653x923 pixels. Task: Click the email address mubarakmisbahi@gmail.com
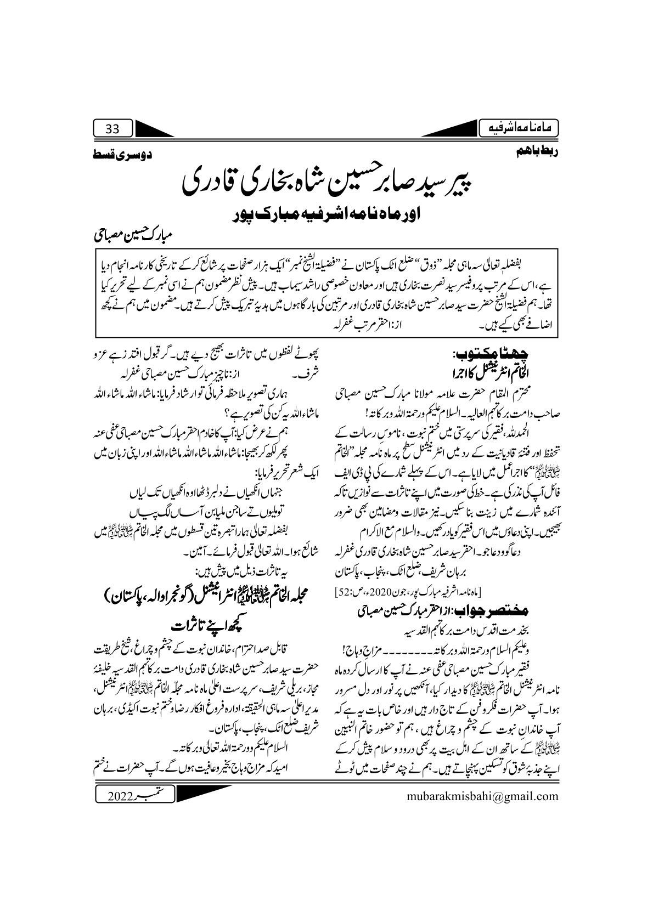coord(482,795)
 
